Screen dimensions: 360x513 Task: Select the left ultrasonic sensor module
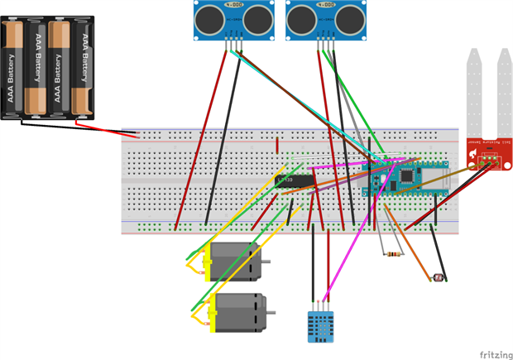click(234, 18)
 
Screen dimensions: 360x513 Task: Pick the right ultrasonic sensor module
click(326, 18)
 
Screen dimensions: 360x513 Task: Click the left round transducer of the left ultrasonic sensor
click(209, 16)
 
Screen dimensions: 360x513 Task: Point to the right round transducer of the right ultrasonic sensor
click(351, 16)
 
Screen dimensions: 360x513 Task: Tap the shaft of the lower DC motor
click(271, 314)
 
